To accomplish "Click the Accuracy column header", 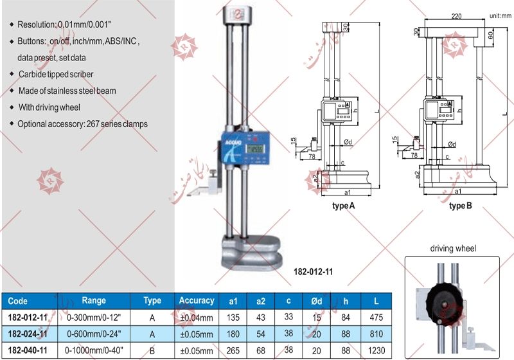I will point(197,301).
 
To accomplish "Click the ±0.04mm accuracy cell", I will point(197,318).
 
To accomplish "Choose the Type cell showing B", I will point(152,351).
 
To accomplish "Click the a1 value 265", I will point(233,351).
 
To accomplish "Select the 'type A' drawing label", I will point(343,206).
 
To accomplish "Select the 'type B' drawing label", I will point(460,206).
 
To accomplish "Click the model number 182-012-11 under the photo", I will point(312,272).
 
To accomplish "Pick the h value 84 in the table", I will point(346,318).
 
